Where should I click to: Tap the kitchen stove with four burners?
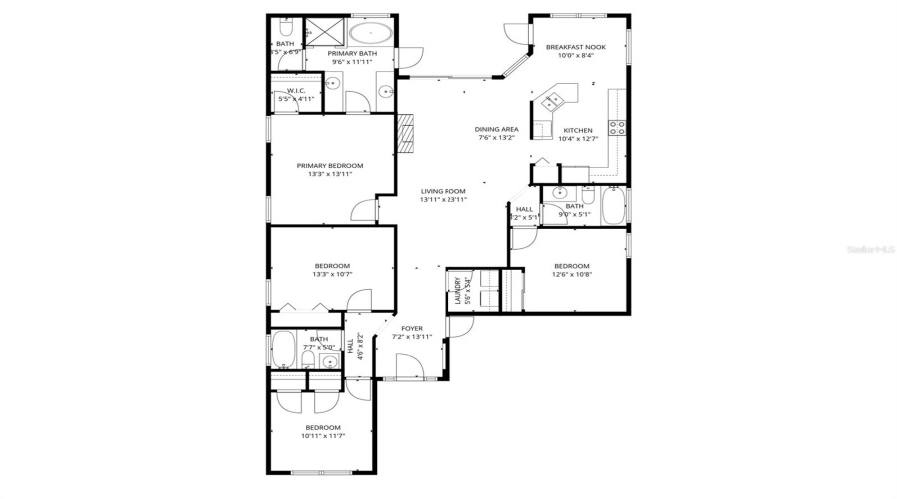click(617, 127)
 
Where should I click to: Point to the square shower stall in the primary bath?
click(323, 31)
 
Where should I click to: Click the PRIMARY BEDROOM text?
click(330, 165)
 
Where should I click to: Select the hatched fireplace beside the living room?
click(405, 131)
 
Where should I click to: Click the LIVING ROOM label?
click(444, 191)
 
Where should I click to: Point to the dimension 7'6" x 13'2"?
click(495, 138)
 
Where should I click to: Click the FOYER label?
click(412, 328)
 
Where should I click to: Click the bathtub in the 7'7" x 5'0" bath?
click(284, 350)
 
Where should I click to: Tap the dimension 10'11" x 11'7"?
click(322, 436)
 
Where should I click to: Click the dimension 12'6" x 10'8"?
click(571, 275)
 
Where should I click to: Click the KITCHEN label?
click(578, 130)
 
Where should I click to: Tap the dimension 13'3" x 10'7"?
click(332, 275)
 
